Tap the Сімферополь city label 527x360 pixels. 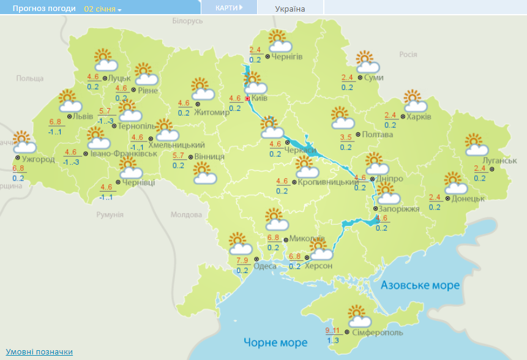click(378, 332)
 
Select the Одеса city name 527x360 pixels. click(265, 266)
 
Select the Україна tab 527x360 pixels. click(290, 9)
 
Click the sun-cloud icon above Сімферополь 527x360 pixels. click(359, 316)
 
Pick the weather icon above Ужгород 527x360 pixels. click(23, 141)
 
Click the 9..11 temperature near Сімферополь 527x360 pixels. click(332, 331)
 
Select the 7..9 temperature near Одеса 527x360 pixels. click(242, 261)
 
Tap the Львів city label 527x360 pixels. click(83, 116)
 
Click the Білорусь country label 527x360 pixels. click(187, 21)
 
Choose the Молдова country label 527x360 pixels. click(185, 215)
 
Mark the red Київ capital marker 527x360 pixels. click(247, 99)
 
